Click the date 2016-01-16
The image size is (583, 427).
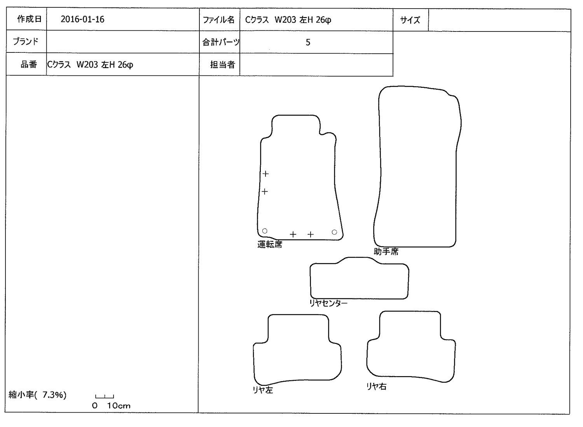pyautogui.click(x=82, y=19)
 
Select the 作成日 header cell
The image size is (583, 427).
pyautogui.click(x=26, y=19)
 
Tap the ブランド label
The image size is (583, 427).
pyautogui.click(x=26, y=41)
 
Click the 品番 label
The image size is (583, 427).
pyautogui.click(x=29, y=64)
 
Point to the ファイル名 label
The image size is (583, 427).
pyautogui.click(x=218, y=20)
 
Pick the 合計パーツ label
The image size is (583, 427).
pyautogui.click(x=221, y=42)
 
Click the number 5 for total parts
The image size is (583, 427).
pyautogui.click(x=308, y=42)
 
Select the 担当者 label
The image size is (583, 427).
pyautogui.click(x=223, y=64)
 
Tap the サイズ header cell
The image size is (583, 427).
pyautogui.click(x=410, y=20)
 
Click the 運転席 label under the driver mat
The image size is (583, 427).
pyautogui.click(x=270, y=244)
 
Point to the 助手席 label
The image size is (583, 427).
pyautogui.click(x=386, y=252)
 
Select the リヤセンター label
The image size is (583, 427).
pyautogui.click(x=328, y=303)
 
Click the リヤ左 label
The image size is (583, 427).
pyautogui.click(x=263, y=390)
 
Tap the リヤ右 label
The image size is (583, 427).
pyautogui.click(x=376, y=387)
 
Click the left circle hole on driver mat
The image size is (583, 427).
pyautogui.click(x=265, y=231)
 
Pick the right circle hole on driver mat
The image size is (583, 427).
pyautogui.click(x=334, y=232)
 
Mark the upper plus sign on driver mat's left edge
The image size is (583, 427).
pyautogui.click(x=265, y=174)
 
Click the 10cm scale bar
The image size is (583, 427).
pyautogui.click(x=105, y=397)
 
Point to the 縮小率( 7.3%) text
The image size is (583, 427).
pyautogui.click(x=37, y=395)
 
